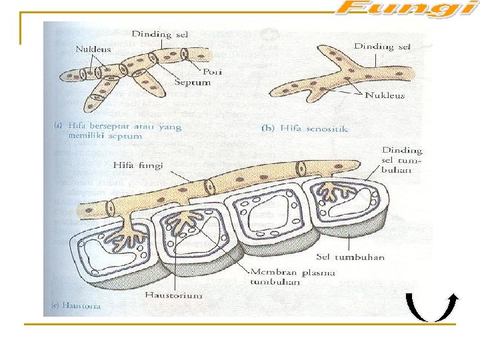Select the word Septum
192,82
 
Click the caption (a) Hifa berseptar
117,129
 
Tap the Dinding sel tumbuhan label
402,160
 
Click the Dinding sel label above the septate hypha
159,34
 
